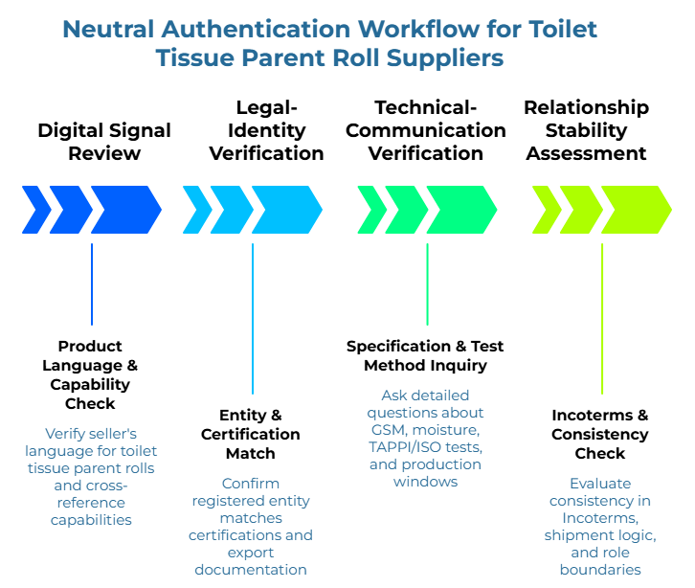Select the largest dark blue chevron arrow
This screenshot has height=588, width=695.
tap(126, 210)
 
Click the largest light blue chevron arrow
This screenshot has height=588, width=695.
tap(287, 210)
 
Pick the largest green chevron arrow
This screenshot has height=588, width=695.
tap(461, 210)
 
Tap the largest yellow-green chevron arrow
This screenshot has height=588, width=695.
tap(637, 210)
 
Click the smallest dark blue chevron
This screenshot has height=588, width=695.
tap(35, 210)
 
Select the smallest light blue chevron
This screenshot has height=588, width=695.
tap(196, 210)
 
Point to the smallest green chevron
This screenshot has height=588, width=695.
tap(370, 210)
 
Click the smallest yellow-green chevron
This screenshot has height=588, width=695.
tap(546, 210)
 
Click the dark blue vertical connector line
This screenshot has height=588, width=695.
tap(92, 284)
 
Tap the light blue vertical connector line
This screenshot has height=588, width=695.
tap(253, 318)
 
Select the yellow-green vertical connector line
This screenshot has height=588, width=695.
tap(602, 318)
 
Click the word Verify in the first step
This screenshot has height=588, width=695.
tap(64, 433)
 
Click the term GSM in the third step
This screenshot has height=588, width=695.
tap(388, 429)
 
